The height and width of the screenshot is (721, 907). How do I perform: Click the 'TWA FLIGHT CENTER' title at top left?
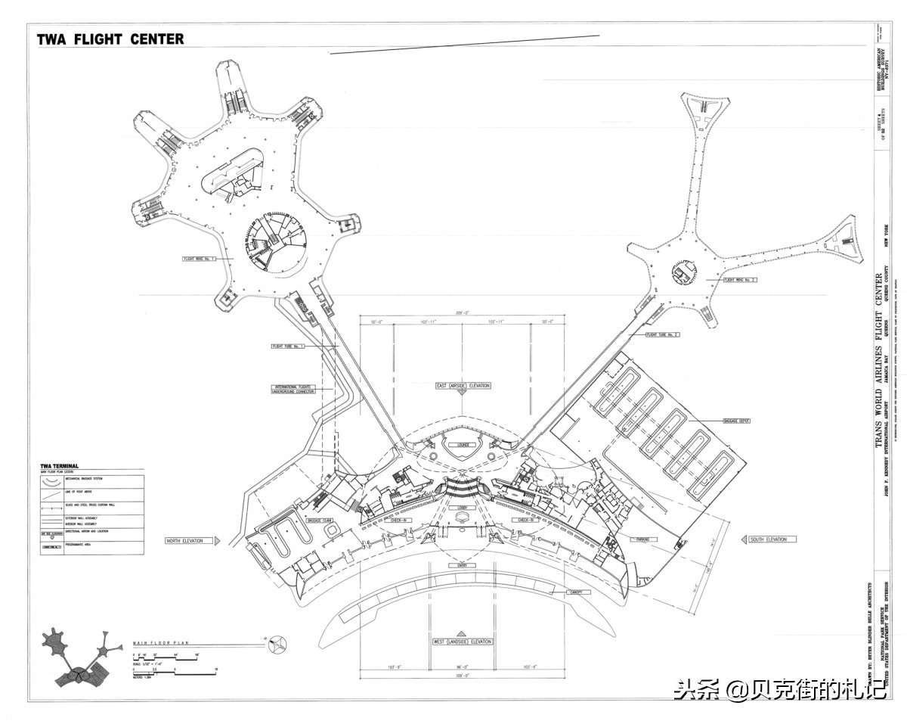(110, 39)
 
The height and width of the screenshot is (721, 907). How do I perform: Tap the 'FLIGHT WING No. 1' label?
(199, 259)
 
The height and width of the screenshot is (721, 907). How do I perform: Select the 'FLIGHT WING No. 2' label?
(740, 280)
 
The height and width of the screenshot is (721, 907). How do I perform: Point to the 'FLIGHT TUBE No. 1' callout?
(287, 347)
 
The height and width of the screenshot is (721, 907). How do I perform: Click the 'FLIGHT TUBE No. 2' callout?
(662, 334)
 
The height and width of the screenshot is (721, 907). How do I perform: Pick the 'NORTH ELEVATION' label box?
(185, 541)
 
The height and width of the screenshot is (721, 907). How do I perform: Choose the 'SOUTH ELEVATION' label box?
(768, 539)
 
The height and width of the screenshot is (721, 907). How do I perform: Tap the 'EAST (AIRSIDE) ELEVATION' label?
(463, 386)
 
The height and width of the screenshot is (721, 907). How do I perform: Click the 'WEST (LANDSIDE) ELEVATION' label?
(462, 642)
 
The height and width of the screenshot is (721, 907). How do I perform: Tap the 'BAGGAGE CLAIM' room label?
(320, 521)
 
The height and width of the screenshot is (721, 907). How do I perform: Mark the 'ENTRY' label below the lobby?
(462, 565)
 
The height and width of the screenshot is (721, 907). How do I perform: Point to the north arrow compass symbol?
(278, 643)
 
